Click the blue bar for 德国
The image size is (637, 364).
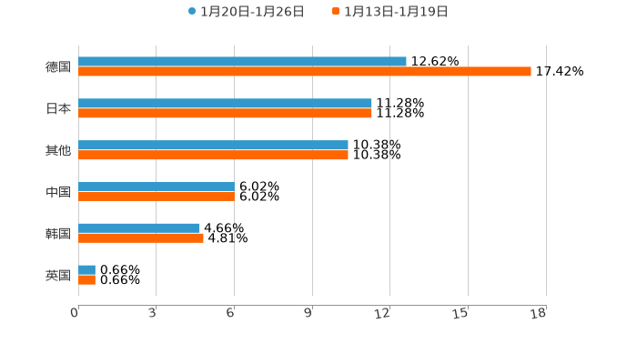tap(242, 62)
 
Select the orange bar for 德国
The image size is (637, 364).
tap(305, 72)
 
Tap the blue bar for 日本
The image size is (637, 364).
tap(225, 104)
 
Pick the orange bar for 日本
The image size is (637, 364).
tap(225, 114)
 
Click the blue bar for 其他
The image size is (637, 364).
tap(213, 146)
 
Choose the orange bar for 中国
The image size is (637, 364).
tap(156, 197)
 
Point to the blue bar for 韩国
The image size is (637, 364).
tap(139, 228)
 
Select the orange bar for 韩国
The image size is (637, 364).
tap(141, 238)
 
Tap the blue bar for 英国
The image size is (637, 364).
tap(86, 270)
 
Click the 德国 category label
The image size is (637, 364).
tap(58, 66)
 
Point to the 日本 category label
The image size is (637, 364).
tap(58, 108)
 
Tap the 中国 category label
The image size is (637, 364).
tap(58, 192)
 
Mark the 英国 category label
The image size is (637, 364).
tap(58, 275)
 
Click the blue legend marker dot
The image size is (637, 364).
tap(192, 12)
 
